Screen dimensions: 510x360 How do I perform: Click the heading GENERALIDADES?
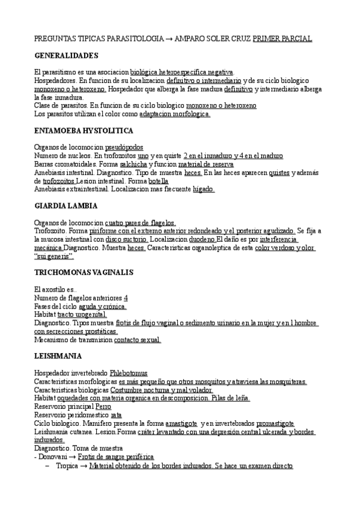coord(66,56)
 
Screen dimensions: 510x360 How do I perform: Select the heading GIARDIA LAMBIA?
coord(67,205)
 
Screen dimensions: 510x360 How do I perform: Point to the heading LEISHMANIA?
coord(59,356)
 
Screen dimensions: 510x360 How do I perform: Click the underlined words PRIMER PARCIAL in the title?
coord(282,38)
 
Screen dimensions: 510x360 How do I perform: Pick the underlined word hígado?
coord(204,189)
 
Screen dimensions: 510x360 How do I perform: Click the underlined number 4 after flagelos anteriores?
coord(126,298)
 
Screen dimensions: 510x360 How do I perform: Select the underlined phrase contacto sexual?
coord(136,340)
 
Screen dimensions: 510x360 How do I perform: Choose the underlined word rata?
coord(117,415)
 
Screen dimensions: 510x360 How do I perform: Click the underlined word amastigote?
coord(174,423)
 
